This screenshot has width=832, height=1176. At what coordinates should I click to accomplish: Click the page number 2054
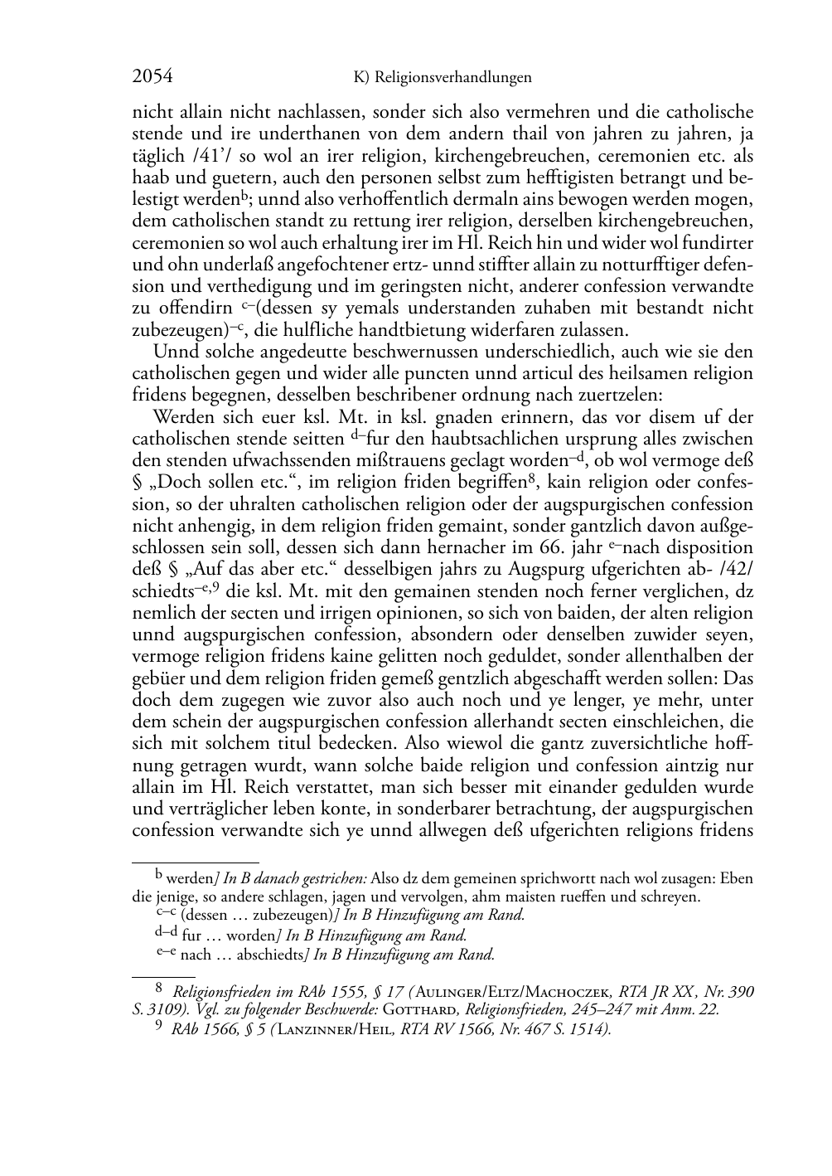pos(152,77)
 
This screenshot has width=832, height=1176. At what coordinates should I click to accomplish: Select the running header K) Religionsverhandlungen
pos(442,78)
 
